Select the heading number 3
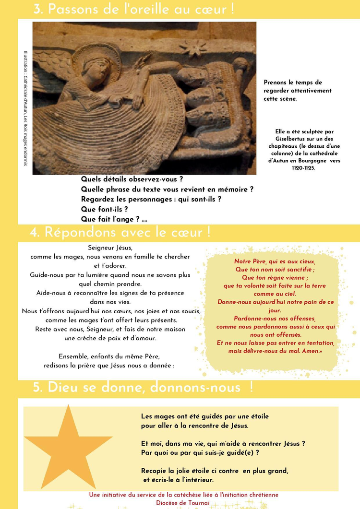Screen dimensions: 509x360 coord(37,9)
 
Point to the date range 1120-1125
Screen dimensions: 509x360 coord(303,168)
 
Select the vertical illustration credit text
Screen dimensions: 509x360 coord(25,108)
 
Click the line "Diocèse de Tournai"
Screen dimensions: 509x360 coord(183,503)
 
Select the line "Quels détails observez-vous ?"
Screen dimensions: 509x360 coord(132,179)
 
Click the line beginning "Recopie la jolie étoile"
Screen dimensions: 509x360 coord(215,471)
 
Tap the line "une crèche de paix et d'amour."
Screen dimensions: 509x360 coord(110,338)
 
